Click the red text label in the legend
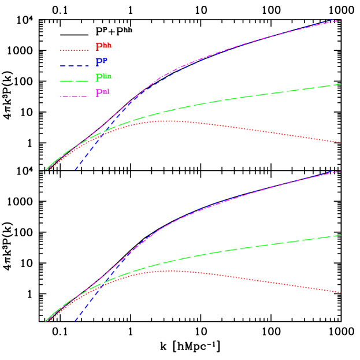103,45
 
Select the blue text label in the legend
101,61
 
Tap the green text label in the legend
103,76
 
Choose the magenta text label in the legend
103,92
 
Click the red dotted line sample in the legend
75,50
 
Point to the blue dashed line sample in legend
75,66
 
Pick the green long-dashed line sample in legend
75,81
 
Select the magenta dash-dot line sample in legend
75,97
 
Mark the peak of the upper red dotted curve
168,121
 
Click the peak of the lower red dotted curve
169,270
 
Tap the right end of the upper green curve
341,84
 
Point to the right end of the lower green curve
341,235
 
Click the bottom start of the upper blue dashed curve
75,170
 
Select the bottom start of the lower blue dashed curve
75,321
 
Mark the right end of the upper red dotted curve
341,143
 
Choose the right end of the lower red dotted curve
341,292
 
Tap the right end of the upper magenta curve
341,20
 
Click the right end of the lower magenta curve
341,171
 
